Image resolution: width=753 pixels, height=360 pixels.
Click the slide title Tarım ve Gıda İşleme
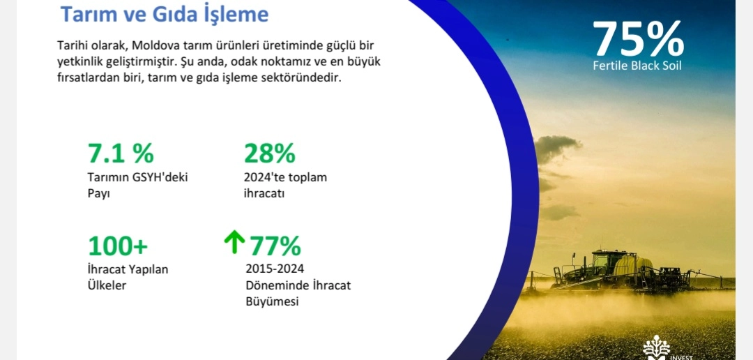165,14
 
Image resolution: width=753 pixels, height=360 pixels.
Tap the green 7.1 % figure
121,153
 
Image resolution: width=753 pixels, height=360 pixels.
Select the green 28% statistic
269,153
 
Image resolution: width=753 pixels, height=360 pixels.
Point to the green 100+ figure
118,246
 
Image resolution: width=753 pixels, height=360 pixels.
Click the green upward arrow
234,242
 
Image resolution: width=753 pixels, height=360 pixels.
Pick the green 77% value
275,246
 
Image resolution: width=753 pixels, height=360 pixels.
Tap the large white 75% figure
638,39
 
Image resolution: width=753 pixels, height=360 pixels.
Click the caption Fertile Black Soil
637,66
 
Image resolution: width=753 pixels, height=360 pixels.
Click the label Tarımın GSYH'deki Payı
137,185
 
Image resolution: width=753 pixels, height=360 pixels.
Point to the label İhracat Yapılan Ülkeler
128,278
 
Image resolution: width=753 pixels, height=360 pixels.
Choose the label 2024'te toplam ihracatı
285,185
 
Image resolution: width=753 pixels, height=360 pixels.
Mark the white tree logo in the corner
656,347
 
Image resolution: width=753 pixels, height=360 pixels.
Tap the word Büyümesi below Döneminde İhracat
272,302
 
